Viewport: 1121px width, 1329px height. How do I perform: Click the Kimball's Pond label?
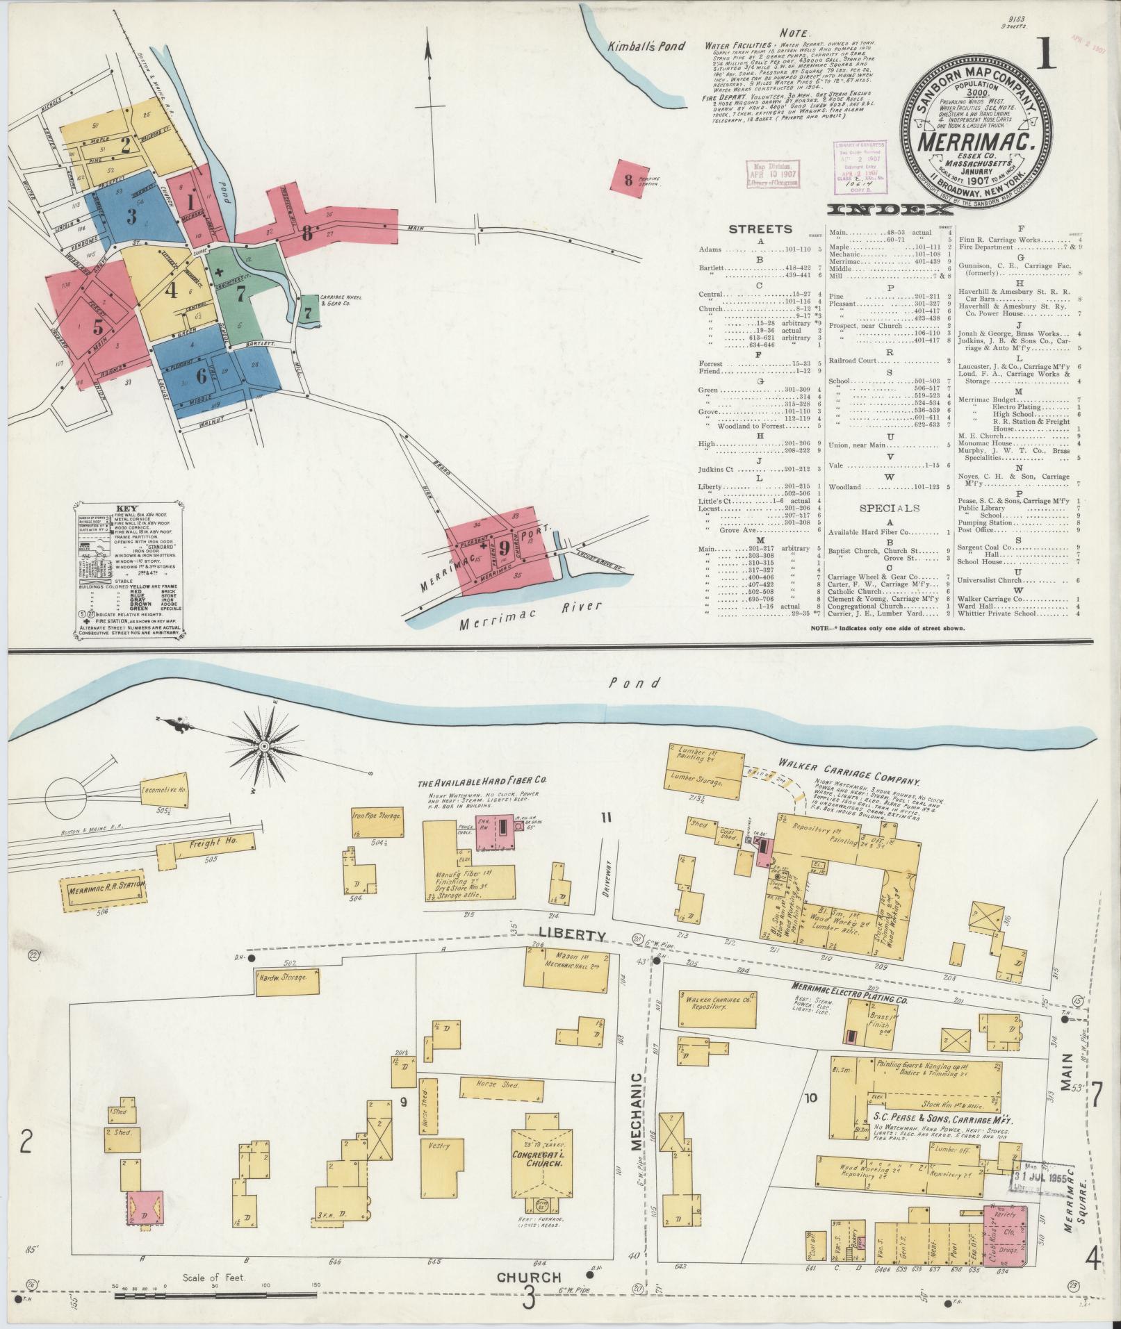(x=646, y=47)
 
